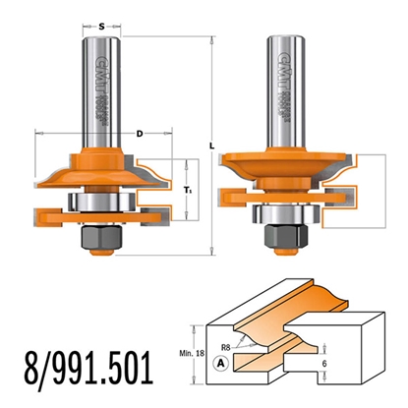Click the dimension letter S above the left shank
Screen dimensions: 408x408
click(x=103, y=17)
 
